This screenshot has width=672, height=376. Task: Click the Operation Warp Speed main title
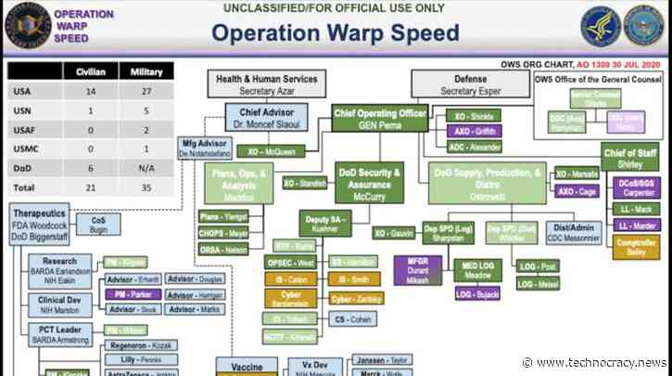[x=336, y=34]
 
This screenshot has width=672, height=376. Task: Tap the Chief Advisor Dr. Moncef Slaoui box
[x=261, y=118]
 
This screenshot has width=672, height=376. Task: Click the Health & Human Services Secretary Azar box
[x=266, y=85]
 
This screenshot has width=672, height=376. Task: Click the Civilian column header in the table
[x=90, y=71]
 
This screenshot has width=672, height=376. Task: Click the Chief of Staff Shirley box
[x=633, y=159]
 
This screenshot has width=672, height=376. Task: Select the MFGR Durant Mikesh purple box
[x=417, y=274]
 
